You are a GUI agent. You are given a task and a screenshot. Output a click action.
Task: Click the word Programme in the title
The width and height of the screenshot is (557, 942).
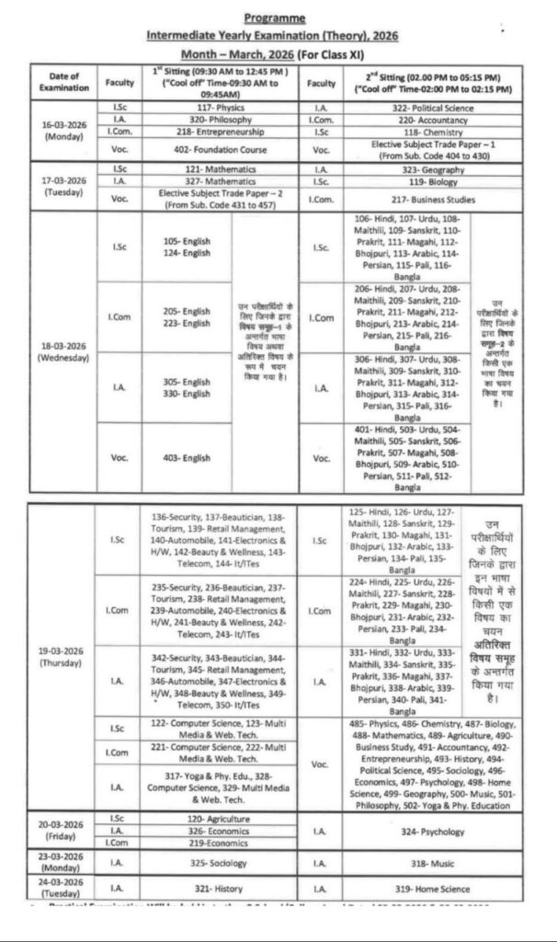(x=277, y=17)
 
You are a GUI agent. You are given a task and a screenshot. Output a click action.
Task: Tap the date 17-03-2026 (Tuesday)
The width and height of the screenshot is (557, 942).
(x=64, y=183)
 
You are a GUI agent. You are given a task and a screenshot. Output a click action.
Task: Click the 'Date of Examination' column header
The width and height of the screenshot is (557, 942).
(x=64, y=82)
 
